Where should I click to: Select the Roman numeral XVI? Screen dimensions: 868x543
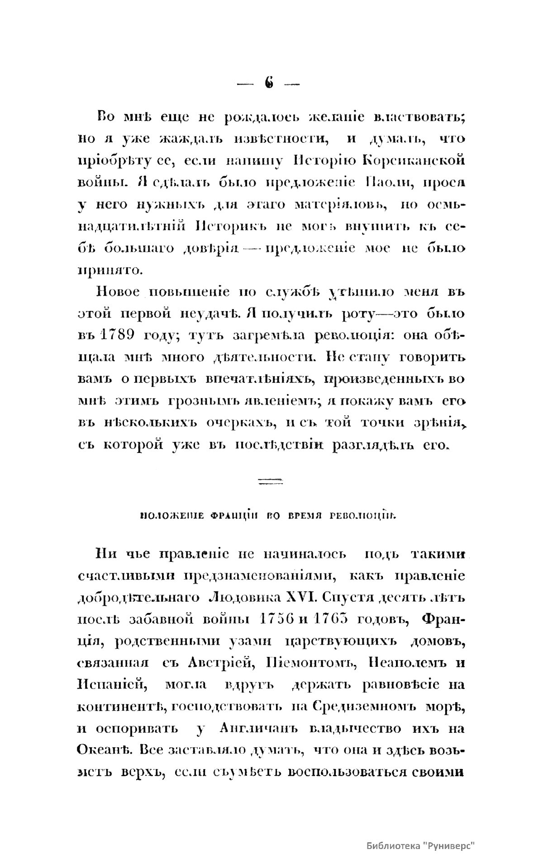click(305, 598)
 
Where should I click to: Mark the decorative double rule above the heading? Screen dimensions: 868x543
click(270, 481)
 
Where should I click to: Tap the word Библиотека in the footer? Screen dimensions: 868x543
click(395, 844)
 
